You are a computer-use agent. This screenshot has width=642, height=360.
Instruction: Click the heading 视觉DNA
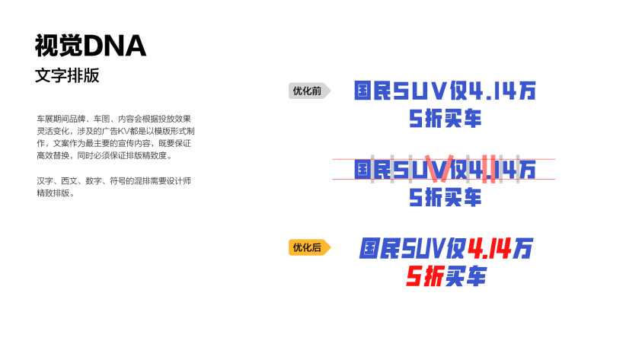tap(90, 46)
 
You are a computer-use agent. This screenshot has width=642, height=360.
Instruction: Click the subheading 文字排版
tap(67, 76)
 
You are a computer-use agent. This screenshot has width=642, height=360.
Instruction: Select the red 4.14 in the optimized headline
tap(490, 248)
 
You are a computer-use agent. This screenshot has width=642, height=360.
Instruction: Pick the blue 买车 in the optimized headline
tap(466, 276)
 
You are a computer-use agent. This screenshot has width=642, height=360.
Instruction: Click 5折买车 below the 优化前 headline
tap(446, 119)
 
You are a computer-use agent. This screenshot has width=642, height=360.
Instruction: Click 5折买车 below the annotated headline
tap(446, 197)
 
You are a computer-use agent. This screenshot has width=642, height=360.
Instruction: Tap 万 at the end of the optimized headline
tap(524, 248)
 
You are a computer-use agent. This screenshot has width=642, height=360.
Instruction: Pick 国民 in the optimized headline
tap(380, 248)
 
